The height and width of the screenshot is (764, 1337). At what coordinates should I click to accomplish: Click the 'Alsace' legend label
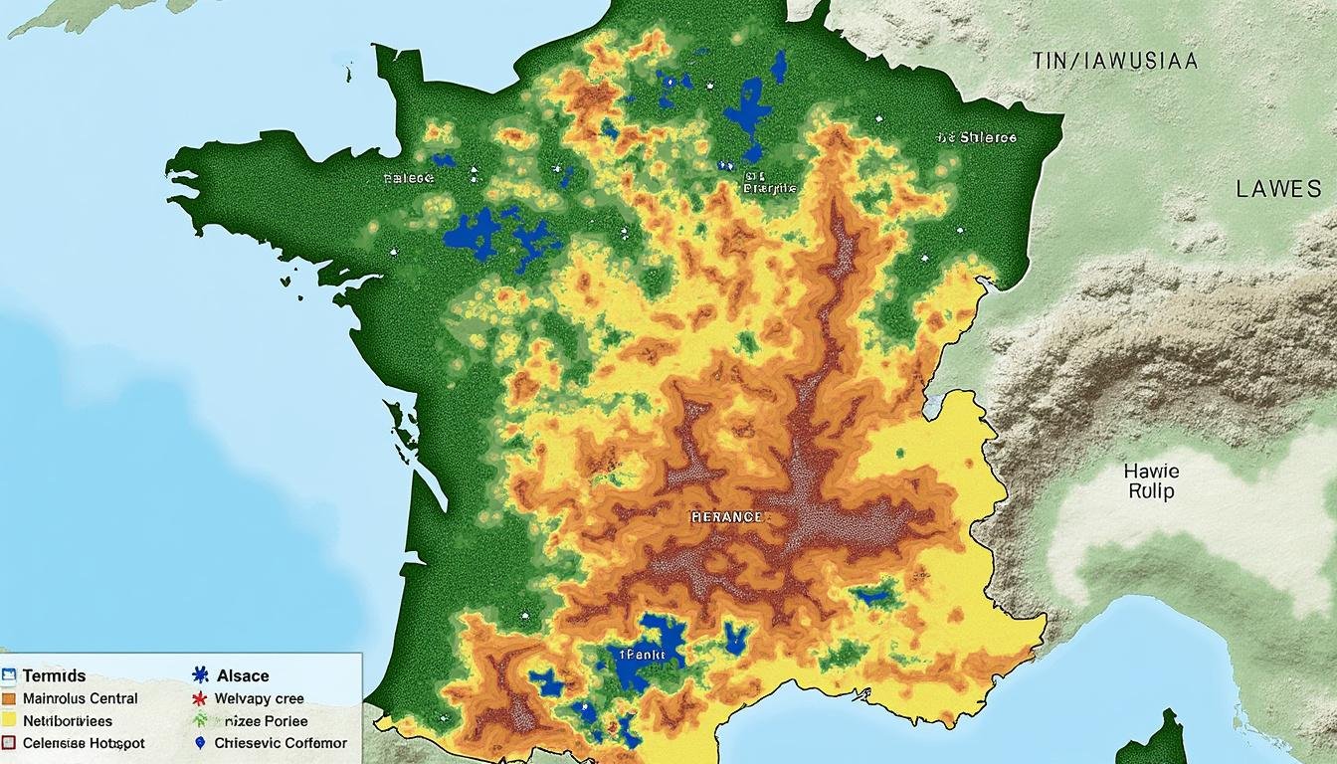pos(243,675)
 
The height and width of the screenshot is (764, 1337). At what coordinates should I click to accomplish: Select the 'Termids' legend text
pos(54,675)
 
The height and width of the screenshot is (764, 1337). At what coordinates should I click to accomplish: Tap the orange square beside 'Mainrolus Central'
pos(9,698)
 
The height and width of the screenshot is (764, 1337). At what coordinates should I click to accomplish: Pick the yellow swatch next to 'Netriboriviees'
pos(9,720)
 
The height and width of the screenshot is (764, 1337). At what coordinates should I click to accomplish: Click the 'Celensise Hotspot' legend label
pos(84,743)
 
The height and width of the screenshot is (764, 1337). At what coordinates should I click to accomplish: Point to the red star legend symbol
pos(200,698)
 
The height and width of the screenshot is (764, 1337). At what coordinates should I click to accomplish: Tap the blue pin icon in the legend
pos(200,743)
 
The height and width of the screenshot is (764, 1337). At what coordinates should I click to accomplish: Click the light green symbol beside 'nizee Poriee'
pos(200,720)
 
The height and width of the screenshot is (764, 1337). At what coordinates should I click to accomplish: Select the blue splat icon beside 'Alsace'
pos(199,675)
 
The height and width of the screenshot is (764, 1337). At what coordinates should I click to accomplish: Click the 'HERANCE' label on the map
pos(727,517)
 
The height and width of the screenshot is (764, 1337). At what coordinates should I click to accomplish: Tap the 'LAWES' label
pos(1278,189)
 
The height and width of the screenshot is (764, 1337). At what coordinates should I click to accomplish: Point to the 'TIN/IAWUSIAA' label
pos(1114,62)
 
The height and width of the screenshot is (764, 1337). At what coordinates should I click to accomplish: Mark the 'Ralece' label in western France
pos(409,179)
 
